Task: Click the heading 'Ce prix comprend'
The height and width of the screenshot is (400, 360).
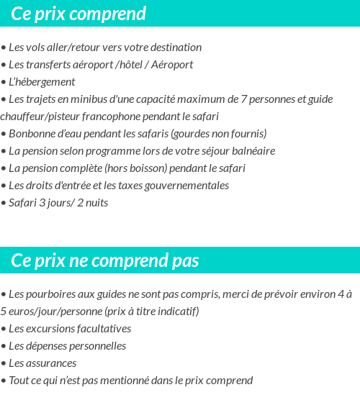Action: (78, 14)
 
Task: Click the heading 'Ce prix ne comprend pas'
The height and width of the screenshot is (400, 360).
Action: (105, 260)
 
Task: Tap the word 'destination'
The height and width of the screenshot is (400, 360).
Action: (176, 47)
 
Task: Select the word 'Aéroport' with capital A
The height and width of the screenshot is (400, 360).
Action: (173, 65)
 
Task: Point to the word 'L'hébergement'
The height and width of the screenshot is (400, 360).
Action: (42, 82)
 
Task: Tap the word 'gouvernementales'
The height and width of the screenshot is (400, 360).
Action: (189, 186)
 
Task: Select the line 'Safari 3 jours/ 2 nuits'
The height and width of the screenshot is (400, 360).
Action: (58, 203)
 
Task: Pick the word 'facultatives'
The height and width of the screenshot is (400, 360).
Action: (104, 329)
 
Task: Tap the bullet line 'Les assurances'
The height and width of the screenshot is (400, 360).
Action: (42, 363)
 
